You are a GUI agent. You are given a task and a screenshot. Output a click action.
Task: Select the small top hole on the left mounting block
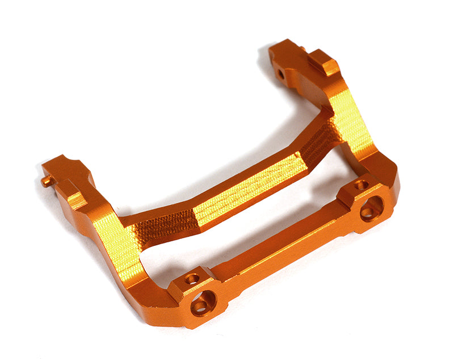(x=192, y=278)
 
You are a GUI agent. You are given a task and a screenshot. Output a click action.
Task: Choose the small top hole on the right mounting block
(x=360, y=185)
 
